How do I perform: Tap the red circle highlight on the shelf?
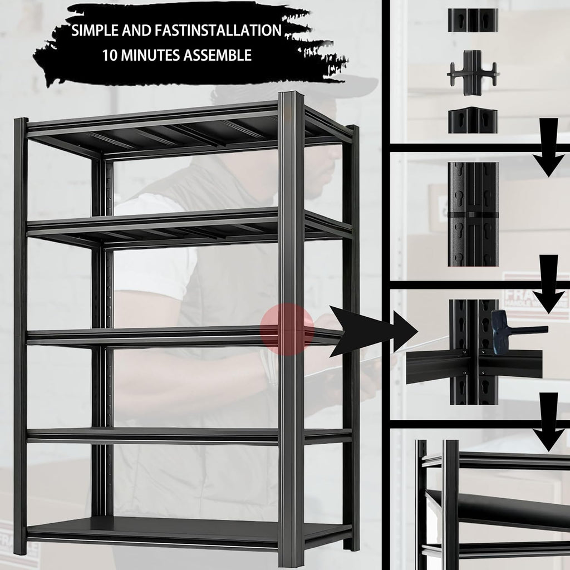[x=288, y=330]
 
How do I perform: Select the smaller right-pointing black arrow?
[x=405, y=331]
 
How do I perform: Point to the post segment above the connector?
[x=473, y=20]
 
